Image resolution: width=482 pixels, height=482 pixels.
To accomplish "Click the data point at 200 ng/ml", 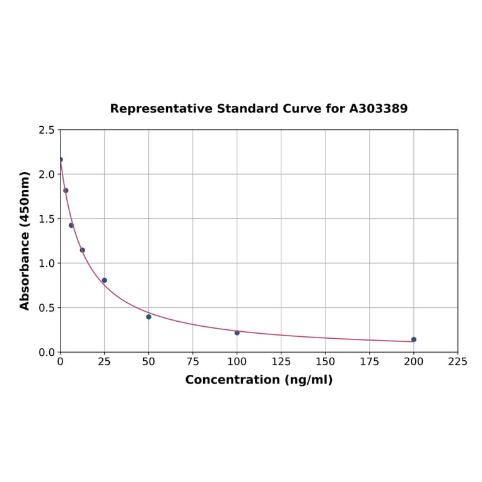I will (x=414, y=339).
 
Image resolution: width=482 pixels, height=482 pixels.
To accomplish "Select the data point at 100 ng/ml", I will (x=237, y=332).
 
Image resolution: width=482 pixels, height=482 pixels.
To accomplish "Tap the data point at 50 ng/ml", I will (x=149, y=317).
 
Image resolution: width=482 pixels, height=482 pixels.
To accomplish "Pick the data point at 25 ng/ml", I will (x=105, y=280).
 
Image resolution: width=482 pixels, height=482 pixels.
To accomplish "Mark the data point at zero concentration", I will (x=61, y=160).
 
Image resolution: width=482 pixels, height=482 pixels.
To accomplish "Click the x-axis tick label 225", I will (x=458, y=361).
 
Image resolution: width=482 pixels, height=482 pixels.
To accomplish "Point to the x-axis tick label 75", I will (x=193, y=361).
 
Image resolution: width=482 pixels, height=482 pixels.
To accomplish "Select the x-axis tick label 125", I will (x=281, y=361).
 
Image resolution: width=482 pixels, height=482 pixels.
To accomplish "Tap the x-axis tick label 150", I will (x=326, y=361).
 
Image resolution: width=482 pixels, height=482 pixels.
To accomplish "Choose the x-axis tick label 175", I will (x=370, y=361).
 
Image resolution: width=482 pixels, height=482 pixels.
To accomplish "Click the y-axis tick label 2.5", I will (x=47, y=130).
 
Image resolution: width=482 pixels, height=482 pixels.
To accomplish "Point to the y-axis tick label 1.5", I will (x=47, y=219).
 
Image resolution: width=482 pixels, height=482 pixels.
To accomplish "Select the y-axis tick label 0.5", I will (x=47, y=308).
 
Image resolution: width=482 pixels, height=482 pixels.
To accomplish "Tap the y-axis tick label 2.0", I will (x=47, y=174).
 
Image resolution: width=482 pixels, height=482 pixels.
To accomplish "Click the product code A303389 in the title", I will (x=379, y=109).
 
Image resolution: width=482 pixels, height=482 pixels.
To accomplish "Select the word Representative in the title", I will (x=162, y=109).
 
